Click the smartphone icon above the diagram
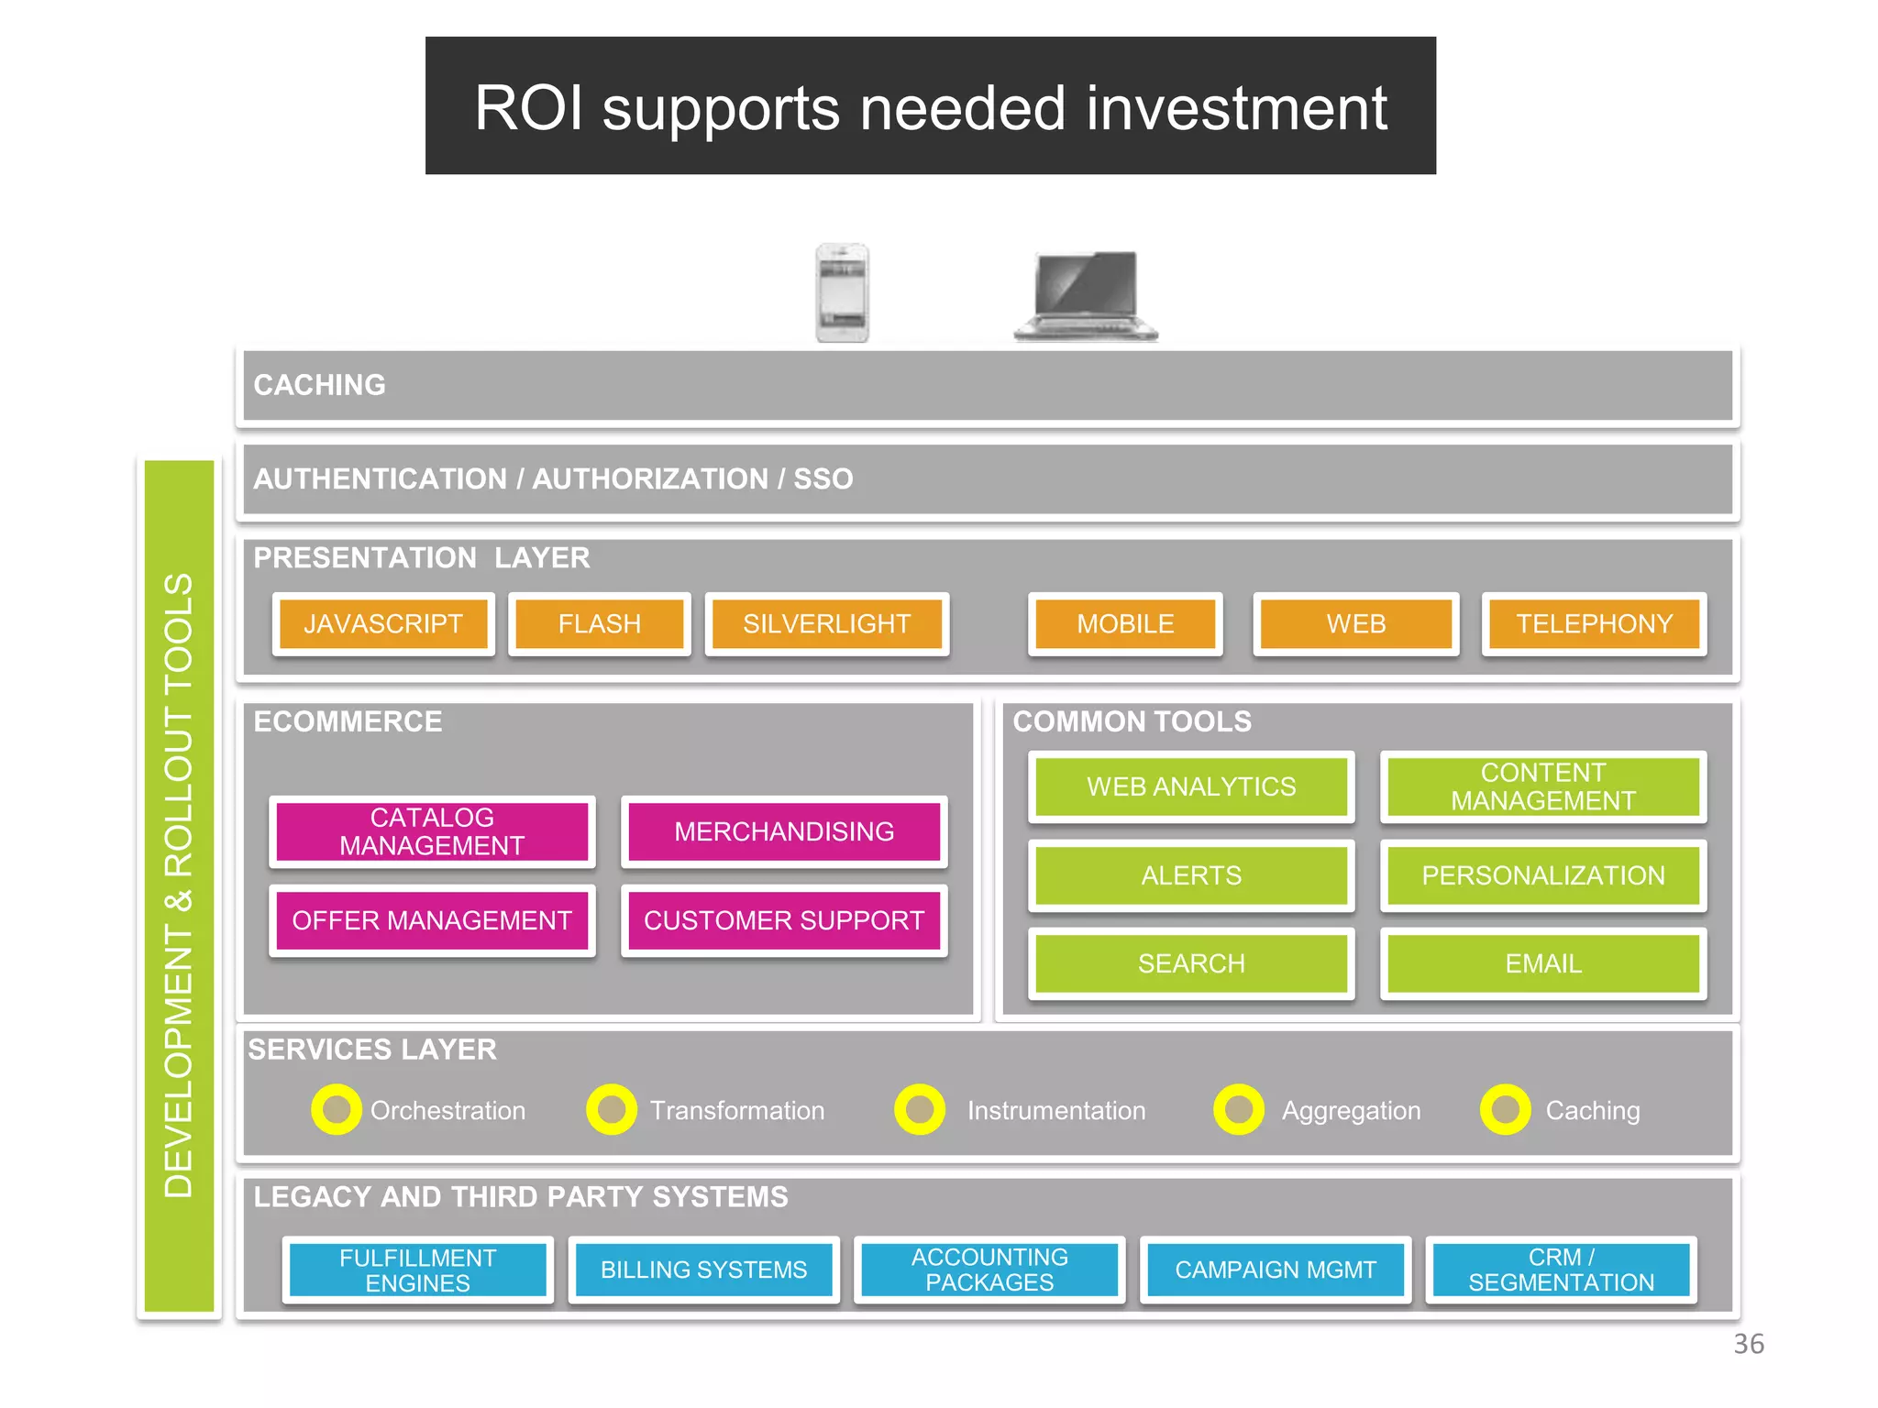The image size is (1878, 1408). click(x=842, y=293)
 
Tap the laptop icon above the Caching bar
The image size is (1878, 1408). click(x=1086, y=296)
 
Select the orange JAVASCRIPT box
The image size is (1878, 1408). click(x=383, y=624)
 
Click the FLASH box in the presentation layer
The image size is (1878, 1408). click(x=600, y=624)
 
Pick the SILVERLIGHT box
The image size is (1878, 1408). click(x=826, y=624)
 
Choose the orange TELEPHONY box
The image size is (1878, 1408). click(x=1594, y=624)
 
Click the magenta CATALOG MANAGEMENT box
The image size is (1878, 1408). click(x=432, y=831)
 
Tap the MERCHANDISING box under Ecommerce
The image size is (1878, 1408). click(x=784, y=831)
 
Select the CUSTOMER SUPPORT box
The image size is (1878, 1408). click(x=784, y=920)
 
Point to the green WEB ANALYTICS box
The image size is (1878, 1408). click(x=1191, y=786)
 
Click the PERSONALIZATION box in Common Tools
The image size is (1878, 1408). click(x=1543, y=875)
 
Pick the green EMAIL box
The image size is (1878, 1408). click(x=1543, y=964)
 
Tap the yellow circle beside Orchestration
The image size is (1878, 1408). click(x=337, y=1110)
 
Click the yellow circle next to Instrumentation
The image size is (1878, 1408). click(x=920, y=1110)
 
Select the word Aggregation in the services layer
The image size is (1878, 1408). click(x=1351, y=1111)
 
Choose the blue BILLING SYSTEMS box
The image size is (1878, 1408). click(x=703, y=1270)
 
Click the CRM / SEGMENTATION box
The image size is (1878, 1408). click(x=1561, y=1270)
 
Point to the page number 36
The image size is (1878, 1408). click(x=1748, y=1344)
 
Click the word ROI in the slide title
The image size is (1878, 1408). click(x=529, y=108)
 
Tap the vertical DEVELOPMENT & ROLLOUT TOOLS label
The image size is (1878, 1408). click(x=179, y=885)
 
